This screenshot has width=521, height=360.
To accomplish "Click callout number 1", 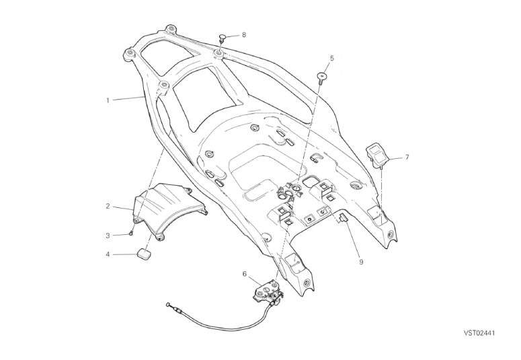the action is (x=108, y=100).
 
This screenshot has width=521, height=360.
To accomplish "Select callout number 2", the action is (x=108, y=207).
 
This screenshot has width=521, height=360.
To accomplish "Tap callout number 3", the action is (x=108, y=236).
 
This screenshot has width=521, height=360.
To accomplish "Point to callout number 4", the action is (x=108, y=254).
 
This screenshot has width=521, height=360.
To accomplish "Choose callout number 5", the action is (x=331, y=59).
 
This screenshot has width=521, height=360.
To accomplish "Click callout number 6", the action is (x=245, y=274).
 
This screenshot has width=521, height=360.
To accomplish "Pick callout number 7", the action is (x=407, y=157).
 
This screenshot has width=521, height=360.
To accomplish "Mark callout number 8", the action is (x=244, y=34).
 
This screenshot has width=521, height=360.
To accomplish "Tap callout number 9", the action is (x=361, y=262).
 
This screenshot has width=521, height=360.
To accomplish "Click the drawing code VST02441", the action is (x=479, y=333).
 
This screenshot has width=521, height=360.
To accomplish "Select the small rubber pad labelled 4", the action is (x=143, y=254).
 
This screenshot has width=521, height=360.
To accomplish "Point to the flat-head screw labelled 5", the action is (x=322, y=77).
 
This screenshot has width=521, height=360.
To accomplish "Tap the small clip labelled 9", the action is (x=342, y=218).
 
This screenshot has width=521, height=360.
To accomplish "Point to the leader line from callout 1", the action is (x=128, y=98).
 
